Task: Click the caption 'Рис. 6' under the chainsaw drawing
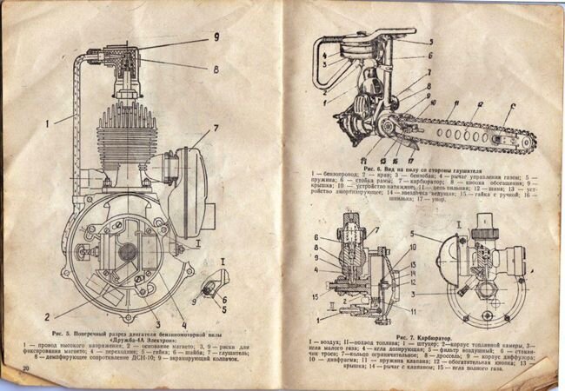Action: pos(375,168)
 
